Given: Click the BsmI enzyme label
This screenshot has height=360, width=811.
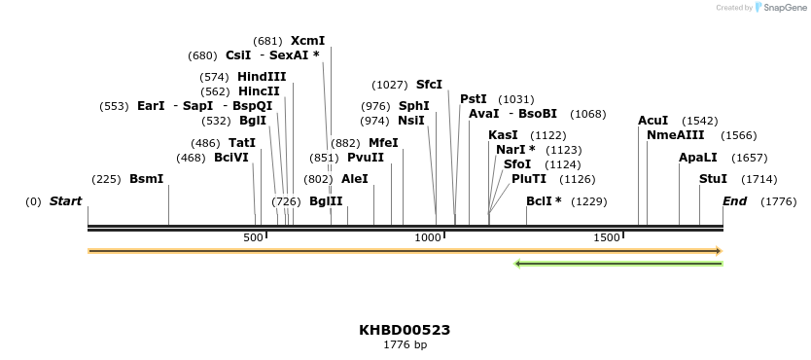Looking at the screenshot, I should (146, 179).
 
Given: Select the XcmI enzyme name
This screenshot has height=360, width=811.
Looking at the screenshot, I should (307, 41).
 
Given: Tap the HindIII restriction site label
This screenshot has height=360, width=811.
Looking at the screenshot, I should (262, 76).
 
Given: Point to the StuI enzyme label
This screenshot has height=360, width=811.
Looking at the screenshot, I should (713, 179).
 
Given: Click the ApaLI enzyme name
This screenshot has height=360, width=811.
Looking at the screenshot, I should (698, 157).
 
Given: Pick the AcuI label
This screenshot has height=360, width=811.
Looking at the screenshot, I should (652, 121).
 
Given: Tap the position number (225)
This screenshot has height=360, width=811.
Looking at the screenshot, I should (105, 179).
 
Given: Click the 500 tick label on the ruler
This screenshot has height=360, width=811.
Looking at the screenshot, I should (253, 237).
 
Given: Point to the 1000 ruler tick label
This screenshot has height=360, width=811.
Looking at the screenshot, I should (428, 237).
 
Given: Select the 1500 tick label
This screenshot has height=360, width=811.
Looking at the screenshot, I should (607, 237).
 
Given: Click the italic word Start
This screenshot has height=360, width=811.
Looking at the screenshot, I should (65, 201).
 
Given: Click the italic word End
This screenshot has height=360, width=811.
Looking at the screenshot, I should (734, 201).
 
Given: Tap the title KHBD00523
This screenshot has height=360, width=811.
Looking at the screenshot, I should (405, 330).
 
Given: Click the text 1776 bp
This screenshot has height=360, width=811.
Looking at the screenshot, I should (405, 344).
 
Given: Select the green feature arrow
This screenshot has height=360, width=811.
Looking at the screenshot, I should (617, 263).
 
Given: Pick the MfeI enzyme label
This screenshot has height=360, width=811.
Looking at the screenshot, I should (383, 142).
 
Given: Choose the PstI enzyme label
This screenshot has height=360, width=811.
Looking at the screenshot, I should (474, 99).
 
